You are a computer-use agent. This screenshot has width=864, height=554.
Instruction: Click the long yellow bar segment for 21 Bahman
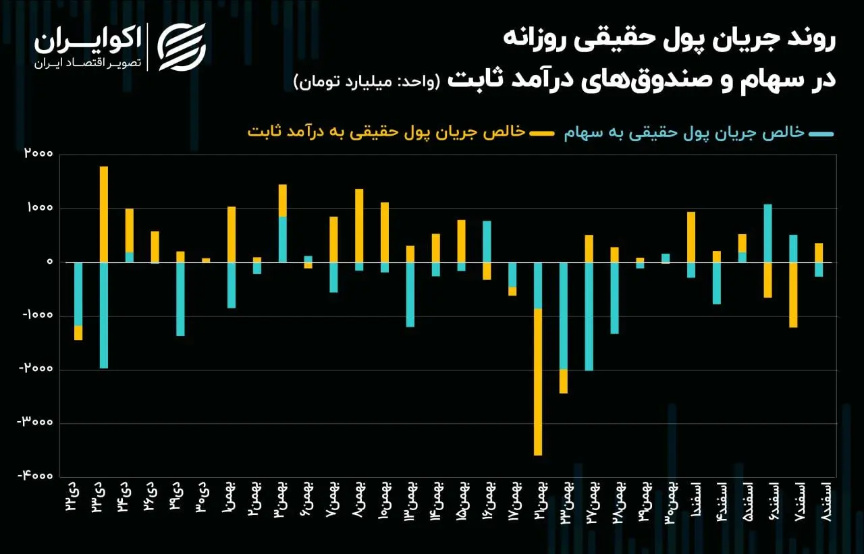538,381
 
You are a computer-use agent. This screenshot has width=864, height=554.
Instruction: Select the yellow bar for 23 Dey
104,214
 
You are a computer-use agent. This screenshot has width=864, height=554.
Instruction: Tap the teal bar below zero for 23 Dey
104,314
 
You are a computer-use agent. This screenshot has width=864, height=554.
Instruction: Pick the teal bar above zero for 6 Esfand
767,233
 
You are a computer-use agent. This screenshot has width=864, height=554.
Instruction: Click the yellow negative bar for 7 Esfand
793,294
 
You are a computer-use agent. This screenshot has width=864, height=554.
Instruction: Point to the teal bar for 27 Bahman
589,316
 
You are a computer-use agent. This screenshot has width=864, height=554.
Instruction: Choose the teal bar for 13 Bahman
410,294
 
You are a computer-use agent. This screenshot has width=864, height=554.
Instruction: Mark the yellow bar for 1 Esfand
691,237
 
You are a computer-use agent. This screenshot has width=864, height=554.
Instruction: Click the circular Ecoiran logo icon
182,47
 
